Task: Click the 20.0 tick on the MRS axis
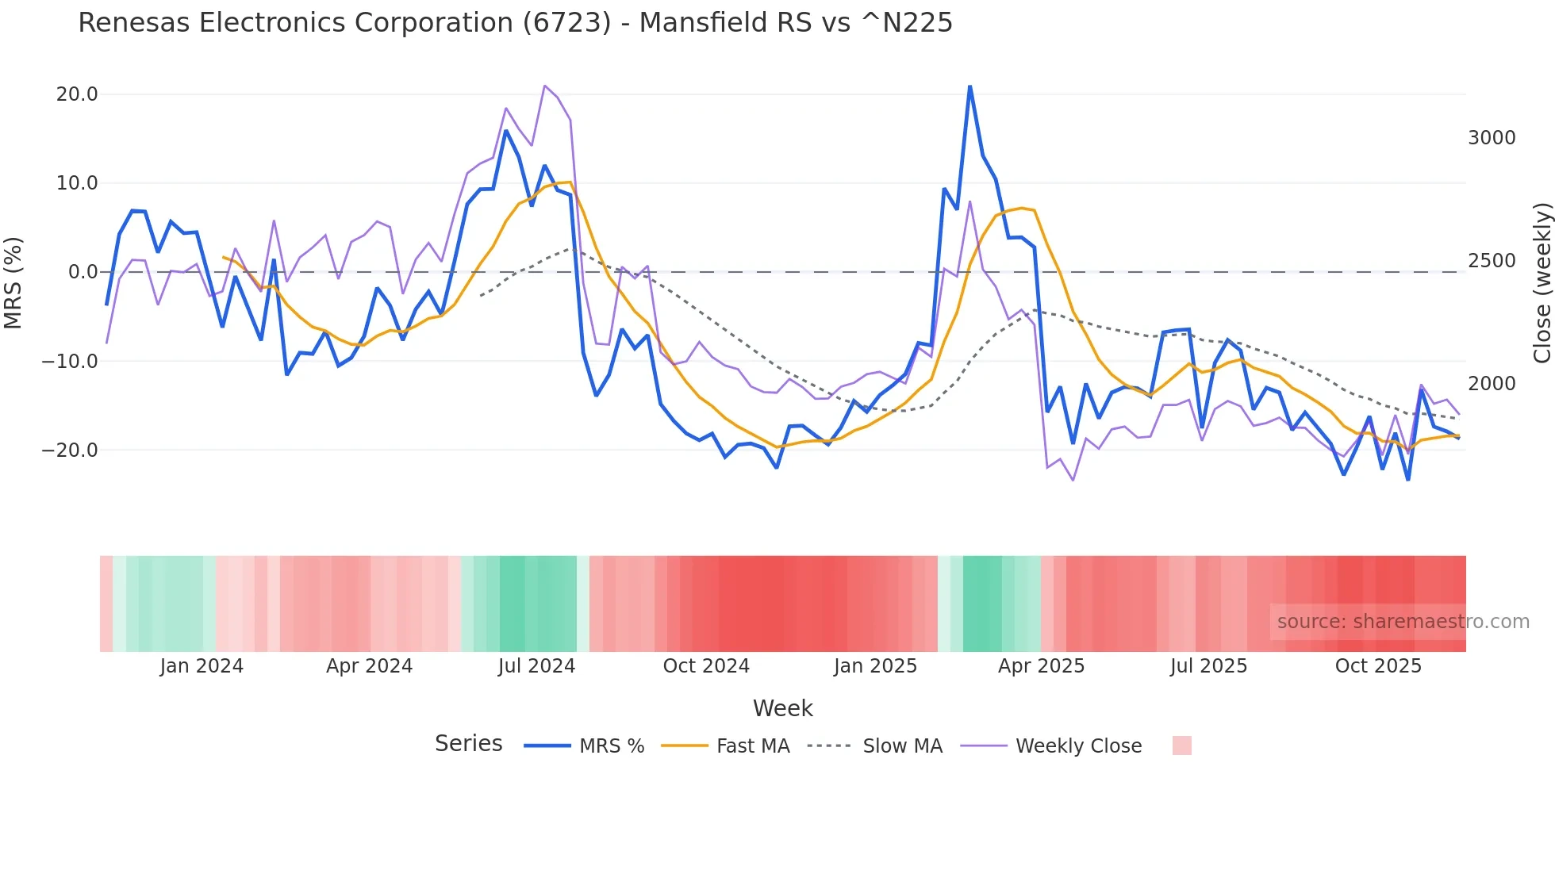click(x=77, y=94)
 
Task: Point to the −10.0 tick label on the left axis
click(x=70, y=362)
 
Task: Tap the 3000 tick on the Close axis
click(x=1492, y=138)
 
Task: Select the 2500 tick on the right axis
click(x=1492, y=261)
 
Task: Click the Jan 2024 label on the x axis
click(x=202, y=666)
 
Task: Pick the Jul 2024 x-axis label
click(x=536, y=666)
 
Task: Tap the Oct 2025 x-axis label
click(x=1378, y=666)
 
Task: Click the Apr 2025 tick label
click(x=1041, y=666)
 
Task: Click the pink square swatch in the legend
click(x=1181, y=746)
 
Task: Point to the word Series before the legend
click(x=468, y=744)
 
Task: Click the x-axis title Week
click(x=782, y=708)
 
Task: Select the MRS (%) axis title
click(x=13, y=282)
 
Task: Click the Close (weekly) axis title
click(x=1542, y=282)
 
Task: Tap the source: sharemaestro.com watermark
click(x=1403, y=622)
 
